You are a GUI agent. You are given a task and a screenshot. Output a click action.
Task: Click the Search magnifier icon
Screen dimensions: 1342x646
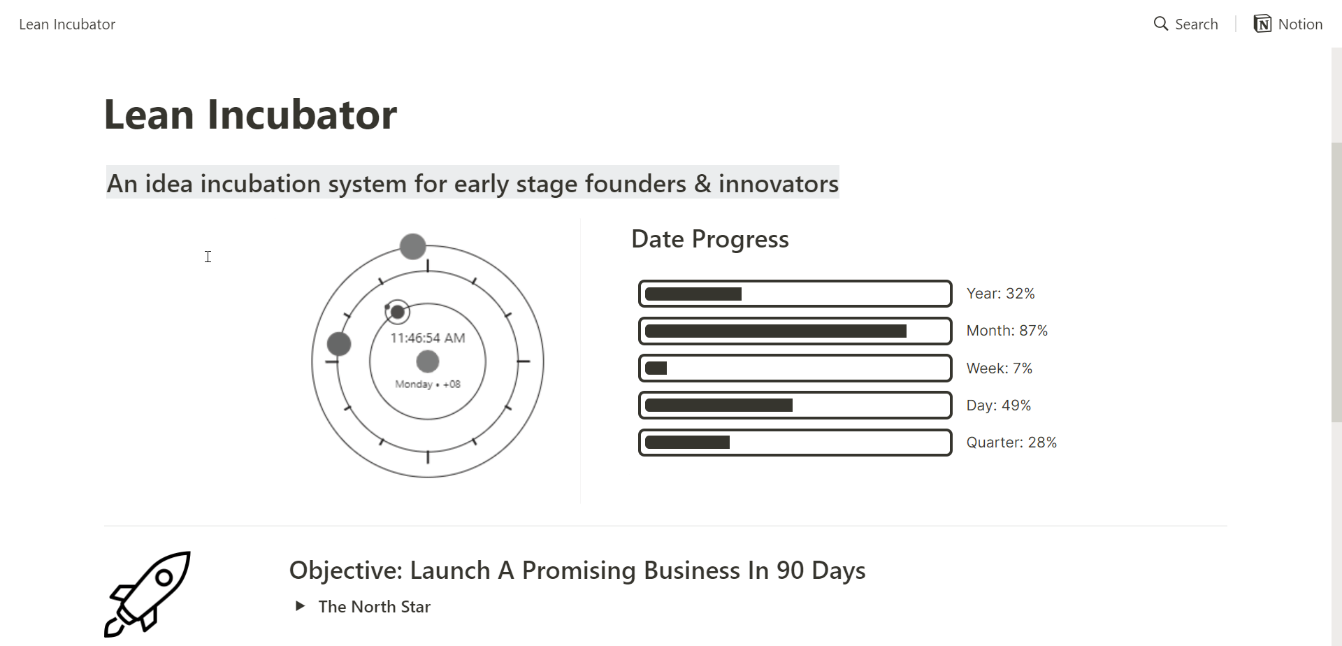point(1160,24)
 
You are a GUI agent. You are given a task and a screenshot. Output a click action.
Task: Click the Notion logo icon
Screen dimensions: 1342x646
point(1262,24)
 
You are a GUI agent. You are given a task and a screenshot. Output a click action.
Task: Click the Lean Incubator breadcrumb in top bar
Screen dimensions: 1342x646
point(67,24)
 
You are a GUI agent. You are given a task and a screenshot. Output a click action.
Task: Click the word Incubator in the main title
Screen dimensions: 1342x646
point(302,114)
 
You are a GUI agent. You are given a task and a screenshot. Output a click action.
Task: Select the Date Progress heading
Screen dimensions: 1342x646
point(710,239)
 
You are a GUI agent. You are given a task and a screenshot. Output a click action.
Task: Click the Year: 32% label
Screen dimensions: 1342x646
point(1000,294)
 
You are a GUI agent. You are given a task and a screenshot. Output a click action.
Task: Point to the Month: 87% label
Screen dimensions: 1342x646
point(1007,331)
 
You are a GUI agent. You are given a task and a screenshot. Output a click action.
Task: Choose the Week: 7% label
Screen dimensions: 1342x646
point(1000,368)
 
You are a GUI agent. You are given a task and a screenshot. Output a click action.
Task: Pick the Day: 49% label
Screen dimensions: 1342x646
point(999,405)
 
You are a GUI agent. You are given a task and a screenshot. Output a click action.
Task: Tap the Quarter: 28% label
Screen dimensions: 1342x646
point(1011,443)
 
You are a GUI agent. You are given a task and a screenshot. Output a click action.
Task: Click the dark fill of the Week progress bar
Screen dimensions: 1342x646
point(656,368)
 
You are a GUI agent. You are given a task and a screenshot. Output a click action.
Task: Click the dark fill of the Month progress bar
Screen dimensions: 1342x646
point(776,331)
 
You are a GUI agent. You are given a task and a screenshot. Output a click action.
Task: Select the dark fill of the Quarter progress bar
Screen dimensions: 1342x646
point(687,443)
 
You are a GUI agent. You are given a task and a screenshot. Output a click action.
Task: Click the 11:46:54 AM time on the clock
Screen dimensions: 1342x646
point(428,338)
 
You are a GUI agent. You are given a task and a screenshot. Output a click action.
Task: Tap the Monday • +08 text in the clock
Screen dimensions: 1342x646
point(428,384)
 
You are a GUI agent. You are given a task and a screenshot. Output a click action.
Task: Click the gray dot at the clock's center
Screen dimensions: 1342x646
point(428,361)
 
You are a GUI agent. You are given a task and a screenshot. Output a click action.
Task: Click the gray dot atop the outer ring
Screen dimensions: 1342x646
point(413,246)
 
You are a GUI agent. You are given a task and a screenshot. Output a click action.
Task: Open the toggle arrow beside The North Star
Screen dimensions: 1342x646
point(300,606)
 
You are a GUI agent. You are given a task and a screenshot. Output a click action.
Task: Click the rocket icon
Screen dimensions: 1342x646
point(147,594)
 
